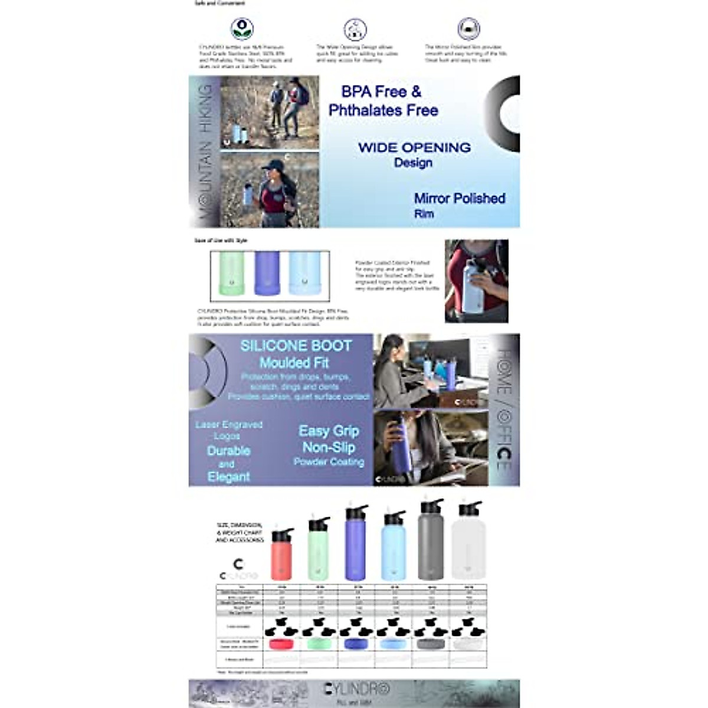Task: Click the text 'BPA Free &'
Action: (x=381, y=92)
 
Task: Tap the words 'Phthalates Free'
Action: (x=383, y=110)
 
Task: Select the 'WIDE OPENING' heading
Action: (x=414, y=147)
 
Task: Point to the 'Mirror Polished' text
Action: (x=459, y=199)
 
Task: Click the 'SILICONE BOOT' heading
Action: (x=296, y=346)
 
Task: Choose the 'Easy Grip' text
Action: (x=329, y=431)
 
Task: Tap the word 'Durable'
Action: (x=228, y=451)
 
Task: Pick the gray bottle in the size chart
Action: (x=431, y=543)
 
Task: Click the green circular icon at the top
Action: (x=242, y=29)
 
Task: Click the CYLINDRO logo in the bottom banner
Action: (x=357, y=689)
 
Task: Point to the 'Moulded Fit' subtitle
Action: (x=294, y=363)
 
